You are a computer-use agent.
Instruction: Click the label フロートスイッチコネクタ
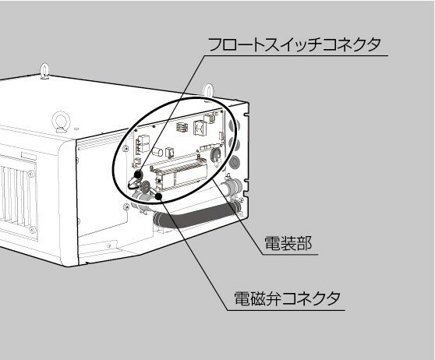[x=295, y=45]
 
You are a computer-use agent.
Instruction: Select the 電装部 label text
[x=288, y=243]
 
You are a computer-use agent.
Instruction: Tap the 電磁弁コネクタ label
[x=288, y=298]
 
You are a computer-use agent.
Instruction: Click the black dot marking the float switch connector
[x=138, y=175]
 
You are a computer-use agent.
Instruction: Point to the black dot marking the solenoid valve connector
[x=159, y=196]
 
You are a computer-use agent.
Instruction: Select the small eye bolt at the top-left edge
[x=44, y=71]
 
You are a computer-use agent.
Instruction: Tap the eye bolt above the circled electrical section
[x=208, y=90]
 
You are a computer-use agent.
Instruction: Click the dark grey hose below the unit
[x=195, y=217]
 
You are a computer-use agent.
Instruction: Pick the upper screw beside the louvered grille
[x=31, y=175]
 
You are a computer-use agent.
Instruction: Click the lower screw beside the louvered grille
[x=33, y=230]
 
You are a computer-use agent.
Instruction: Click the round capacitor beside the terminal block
[x=216, y=154]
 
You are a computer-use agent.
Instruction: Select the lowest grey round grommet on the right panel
[x=235, y=162]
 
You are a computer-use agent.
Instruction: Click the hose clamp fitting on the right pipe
[x=232, y=185]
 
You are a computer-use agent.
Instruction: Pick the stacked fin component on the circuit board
[x=182, y=128]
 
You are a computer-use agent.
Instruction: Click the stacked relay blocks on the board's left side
[x=143, y=143]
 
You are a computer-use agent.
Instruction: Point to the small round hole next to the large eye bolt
[x=76, y=129]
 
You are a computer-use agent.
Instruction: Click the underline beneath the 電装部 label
[x=290, y=255]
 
